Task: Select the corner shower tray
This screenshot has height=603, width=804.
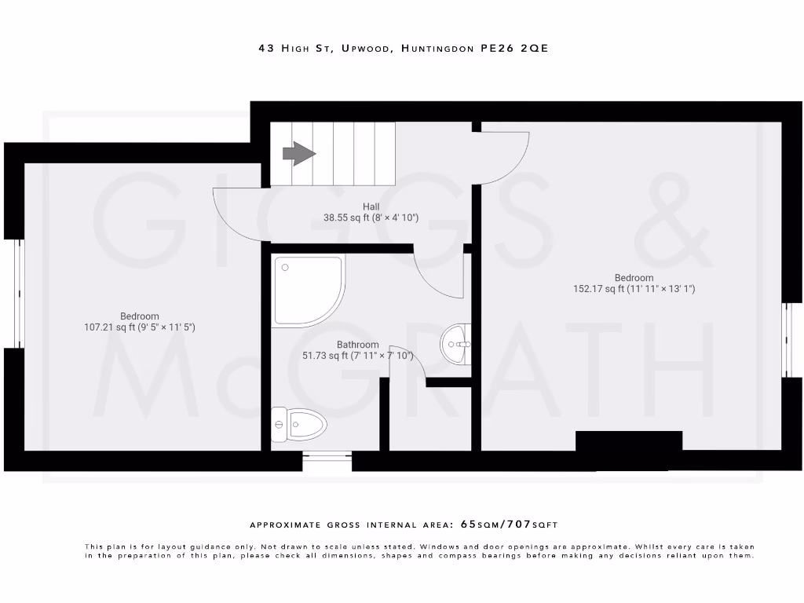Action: tap(307, 290)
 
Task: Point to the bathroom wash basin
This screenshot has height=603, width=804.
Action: tap(456, 343)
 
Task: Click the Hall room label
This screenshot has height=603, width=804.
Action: tap(371, 206)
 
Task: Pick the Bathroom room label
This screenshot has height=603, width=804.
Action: tap(358, 345)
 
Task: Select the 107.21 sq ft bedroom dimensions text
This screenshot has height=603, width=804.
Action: tap(139, 327)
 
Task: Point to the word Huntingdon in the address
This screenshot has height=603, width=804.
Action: tap(437, 49)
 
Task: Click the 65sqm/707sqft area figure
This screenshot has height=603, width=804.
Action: tap(509, 524)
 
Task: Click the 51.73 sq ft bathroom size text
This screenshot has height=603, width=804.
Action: tap(358, 356)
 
